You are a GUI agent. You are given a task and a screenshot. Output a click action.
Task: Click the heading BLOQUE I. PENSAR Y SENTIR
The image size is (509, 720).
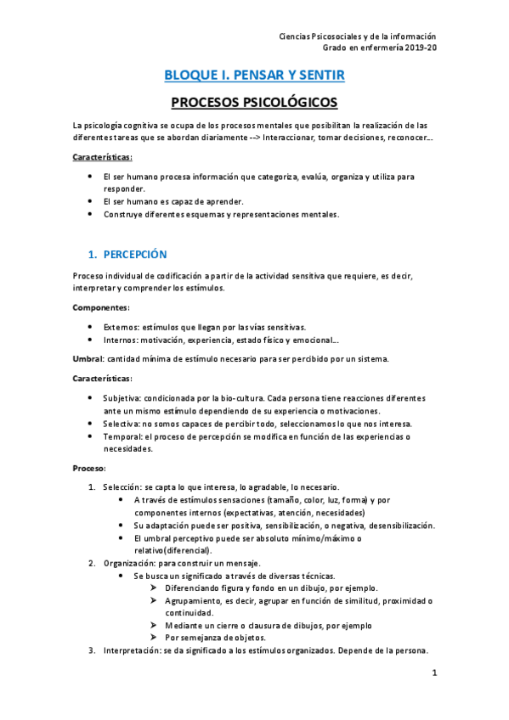coord(254,76)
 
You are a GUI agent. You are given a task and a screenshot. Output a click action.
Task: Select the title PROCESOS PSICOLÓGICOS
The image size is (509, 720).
coord(254,104)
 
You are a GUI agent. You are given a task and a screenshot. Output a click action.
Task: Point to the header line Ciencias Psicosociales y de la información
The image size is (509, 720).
coord(357,37)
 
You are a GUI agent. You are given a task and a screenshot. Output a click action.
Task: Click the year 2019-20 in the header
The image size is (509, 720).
coord(419,48)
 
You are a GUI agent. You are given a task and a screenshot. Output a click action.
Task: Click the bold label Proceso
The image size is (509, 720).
coord(89,468)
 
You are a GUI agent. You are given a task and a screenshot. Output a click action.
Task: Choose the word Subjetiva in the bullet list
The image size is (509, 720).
coord(122,397)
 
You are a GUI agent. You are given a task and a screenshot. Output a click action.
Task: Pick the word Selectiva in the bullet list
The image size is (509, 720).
coord(122,423)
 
